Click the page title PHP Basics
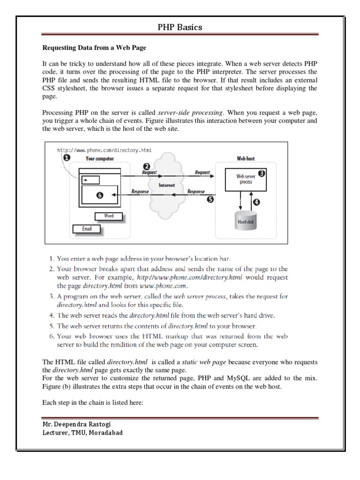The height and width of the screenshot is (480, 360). [180, 27]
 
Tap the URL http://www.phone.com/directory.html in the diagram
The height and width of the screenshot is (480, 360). [104, 150]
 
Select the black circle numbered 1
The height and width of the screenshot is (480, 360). [67, 158]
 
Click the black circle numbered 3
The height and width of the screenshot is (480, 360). [262, 173]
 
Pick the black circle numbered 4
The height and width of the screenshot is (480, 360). [255, 202]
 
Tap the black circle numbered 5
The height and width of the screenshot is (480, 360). [210, 199]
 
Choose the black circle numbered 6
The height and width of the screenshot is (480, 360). [99, 196]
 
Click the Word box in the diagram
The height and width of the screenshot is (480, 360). [108, 216]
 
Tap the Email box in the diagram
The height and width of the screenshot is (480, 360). [87, 229]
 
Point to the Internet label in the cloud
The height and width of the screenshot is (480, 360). [167, 185]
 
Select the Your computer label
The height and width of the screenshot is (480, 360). [99, 158]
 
